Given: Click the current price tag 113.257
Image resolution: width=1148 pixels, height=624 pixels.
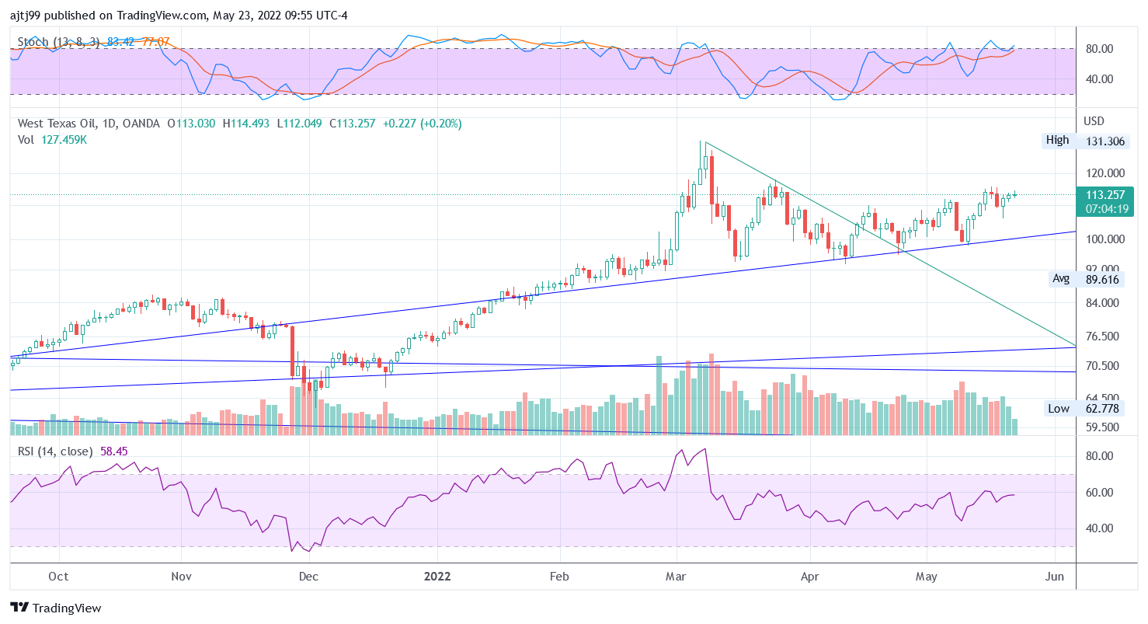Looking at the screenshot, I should (1101, 194).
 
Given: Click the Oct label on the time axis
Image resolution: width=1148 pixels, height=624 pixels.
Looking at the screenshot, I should (58, 577).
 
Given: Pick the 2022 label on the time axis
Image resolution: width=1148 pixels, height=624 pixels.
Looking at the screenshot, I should (437, 577).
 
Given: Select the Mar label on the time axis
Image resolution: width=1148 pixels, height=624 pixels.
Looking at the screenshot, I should (676, 577).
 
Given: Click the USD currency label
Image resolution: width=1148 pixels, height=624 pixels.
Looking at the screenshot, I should (1094, 121).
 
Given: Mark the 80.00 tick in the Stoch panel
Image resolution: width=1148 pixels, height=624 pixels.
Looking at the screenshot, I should (1098, 49).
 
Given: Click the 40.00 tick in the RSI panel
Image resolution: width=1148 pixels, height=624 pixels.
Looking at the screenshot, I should (1098, 528).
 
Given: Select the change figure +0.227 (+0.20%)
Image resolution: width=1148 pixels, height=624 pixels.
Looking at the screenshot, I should (422, 124).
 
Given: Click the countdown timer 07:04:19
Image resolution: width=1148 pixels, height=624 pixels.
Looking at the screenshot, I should (1101, 209).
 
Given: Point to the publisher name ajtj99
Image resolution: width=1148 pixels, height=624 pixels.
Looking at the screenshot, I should (26, 14).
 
